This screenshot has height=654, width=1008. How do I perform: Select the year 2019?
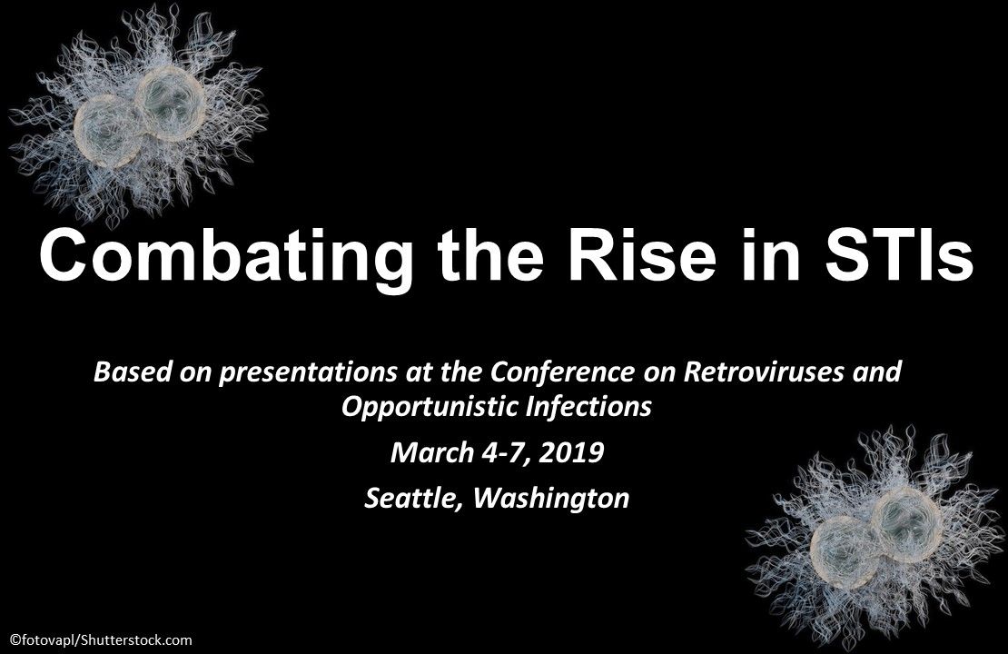point(571,452)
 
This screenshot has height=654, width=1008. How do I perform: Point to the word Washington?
point(551,499)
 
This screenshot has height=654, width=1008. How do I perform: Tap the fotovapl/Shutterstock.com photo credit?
point(100,639)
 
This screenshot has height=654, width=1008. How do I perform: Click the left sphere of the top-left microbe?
point(107,131)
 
